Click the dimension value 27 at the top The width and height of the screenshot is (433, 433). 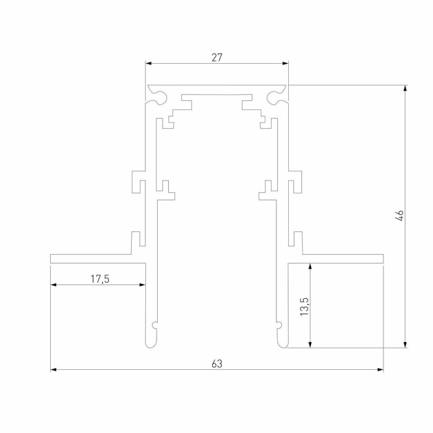(x=216, y=58)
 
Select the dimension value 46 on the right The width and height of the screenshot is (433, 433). (x=400, y=216)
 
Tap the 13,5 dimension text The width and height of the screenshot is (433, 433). (x=304, y=306)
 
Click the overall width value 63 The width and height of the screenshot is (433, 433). (x=216, y=364)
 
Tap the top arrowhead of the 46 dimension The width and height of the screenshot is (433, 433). (x=406, y=88)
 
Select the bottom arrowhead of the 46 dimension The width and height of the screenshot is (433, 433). (x=406, y=345)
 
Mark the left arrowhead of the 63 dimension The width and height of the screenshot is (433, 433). (x=53, y=370)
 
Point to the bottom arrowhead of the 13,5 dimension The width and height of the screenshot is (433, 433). (x=311, y=345)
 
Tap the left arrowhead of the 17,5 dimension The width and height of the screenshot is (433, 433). (x=53, y=285)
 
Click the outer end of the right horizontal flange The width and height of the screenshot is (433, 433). (x=382, y=258)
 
